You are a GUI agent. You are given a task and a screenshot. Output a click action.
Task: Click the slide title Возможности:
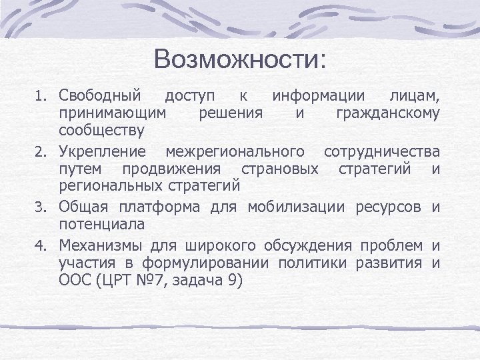239,60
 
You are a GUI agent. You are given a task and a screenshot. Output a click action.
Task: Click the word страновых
285,169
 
